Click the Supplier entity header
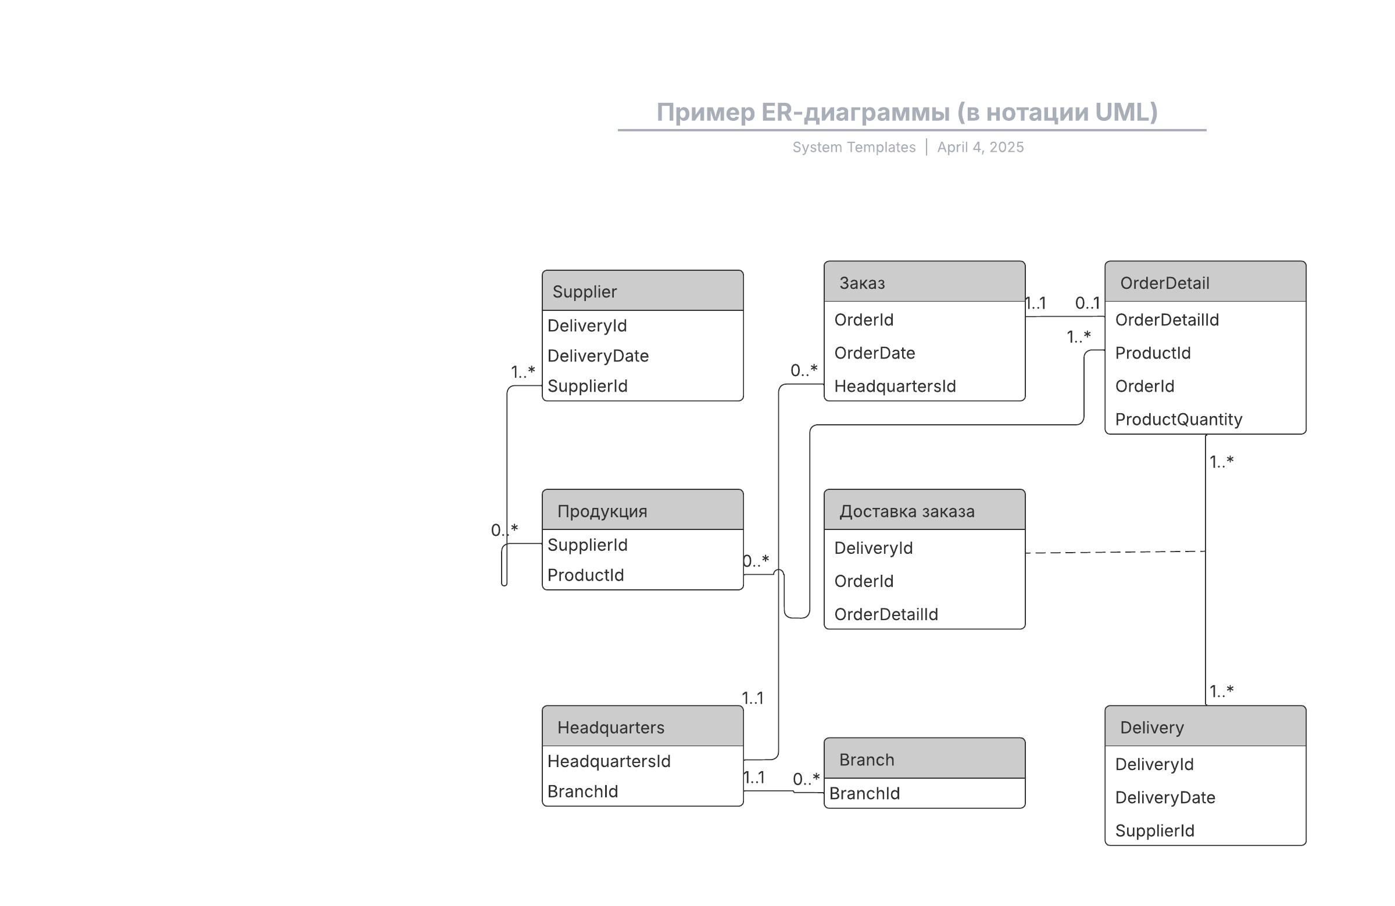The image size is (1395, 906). click(642, 291)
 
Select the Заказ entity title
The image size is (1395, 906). click(862, 283)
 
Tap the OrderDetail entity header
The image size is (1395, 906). click(1205, 282)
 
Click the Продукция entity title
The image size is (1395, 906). click(602, 511)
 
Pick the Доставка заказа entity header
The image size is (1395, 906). click(924, 510)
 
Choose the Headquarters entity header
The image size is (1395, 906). click(642, 726)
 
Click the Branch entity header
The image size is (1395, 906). click(924, 758)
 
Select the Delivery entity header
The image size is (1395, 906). click(1205, 726)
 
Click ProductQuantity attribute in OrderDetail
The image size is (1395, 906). click(1179, 420)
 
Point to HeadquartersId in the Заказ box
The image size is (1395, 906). click(895, 386)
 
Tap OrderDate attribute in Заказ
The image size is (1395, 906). click(875, 353)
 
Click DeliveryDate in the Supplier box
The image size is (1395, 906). click(598, 356)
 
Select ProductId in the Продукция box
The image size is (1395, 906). click(585, 575)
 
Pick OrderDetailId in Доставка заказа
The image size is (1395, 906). click(886, 614)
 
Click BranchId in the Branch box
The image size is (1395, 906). click(864, 793)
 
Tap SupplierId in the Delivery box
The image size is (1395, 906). click(1155, 830)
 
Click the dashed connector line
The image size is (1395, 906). click(1115, 552)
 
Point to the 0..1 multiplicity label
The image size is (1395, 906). click(1088, 303)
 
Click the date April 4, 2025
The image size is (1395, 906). click(981, 147)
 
